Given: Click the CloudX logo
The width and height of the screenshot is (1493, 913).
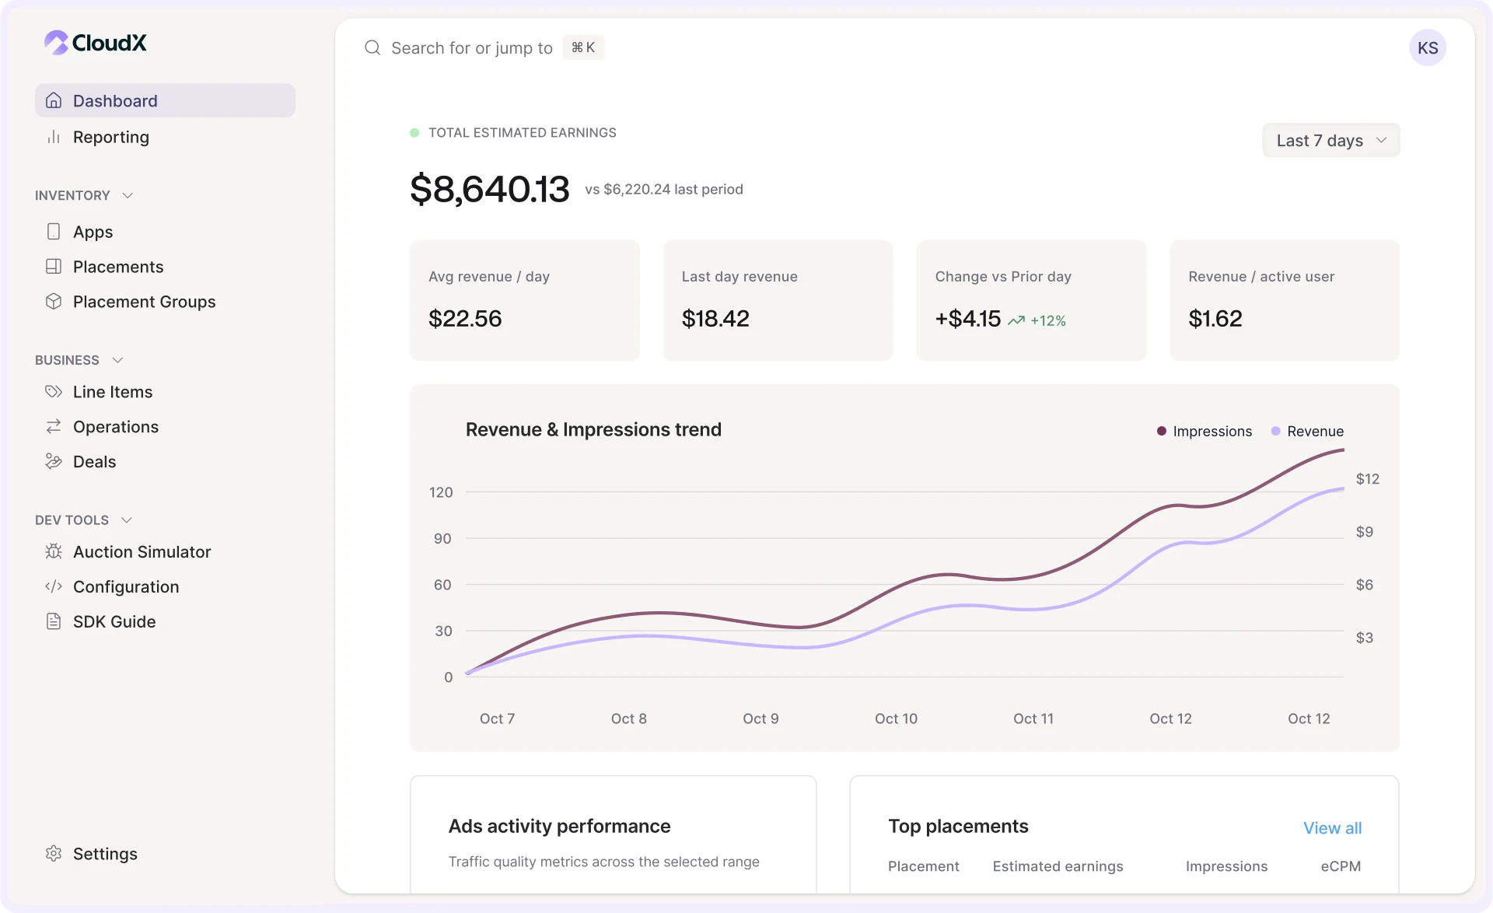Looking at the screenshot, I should pos(96,43).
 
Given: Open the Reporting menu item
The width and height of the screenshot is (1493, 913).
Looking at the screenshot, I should pos(110,138).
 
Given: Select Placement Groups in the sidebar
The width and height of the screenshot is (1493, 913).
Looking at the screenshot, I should pos(144,302).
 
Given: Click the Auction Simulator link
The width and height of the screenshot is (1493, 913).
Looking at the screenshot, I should pos(142,552).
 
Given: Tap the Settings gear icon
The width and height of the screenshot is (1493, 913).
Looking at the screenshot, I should pos(54,854).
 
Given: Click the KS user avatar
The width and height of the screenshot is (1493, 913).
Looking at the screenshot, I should pos(1427,48).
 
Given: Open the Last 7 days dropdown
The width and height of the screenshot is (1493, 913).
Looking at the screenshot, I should pos(1330,141).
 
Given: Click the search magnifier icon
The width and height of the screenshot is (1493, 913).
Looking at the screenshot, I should pos(372,48).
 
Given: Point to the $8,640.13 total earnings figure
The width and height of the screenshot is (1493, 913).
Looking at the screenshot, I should pos(489,189).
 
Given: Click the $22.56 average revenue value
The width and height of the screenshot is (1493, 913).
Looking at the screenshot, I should pos(465,319).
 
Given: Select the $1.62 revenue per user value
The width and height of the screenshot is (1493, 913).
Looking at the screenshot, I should pos(1215,319).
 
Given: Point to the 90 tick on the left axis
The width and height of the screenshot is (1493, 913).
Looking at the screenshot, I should pos(442,539).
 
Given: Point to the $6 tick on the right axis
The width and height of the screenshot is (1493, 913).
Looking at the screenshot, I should pos(1364,585).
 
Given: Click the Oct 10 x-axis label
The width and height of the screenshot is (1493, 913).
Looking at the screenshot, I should pos(896,719).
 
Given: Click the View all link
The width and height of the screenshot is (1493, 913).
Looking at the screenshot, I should pos(1332,828).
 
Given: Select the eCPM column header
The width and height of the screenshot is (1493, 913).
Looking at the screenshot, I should pos(1340,866).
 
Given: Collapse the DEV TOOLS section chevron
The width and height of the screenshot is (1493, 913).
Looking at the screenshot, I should pos(127,520).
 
